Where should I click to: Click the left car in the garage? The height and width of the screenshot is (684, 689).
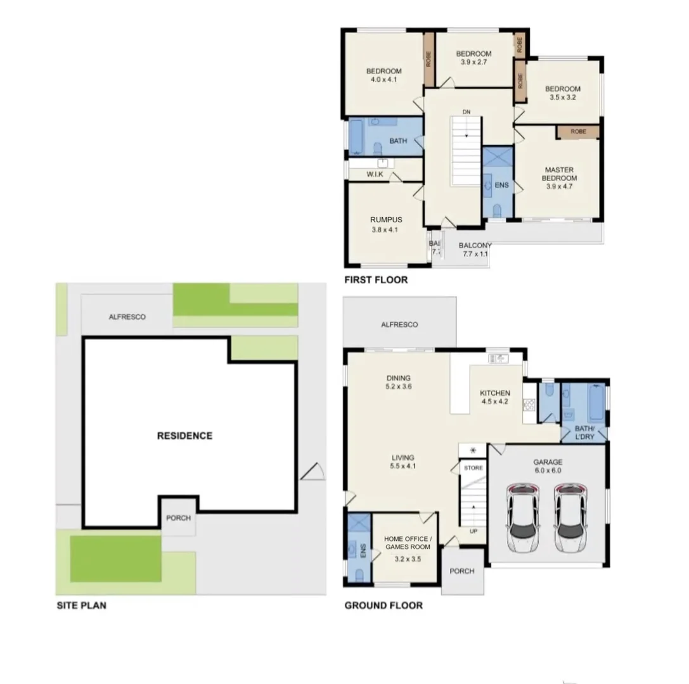click(x=524, y=518)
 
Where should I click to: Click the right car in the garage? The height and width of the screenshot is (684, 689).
click(x=570, y=518)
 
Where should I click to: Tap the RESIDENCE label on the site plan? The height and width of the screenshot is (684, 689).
click(x=184, y=436)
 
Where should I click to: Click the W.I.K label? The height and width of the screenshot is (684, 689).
click(x=375, y=174)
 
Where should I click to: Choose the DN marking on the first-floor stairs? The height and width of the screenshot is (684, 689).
click(x=467, y=112)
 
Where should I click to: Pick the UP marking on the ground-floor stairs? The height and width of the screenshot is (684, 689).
click(x=473, y=531)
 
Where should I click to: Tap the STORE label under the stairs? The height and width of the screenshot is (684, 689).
click(x=473, y=468)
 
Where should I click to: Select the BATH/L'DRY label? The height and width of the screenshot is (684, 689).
click(x=584, y=432)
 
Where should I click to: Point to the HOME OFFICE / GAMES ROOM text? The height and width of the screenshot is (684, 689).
click(x=407, y=543)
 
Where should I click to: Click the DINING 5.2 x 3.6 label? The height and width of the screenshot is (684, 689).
click(x=398, y=382)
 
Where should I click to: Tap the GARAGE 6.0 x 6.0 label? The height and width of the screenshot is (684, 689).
click(x=548, y=466)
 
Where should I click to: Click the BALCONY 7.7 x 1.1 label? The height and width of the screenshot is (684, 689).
click(x=475, y=250)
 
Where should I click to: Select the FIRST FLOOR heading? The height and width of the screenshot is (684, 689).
click(x=376, y=279)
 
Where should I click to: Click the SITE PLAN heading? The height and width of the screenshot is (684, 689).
click(x=81, y=605)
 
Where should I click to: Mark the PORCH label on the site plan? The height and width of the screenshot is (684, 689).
click(x=178, y=518)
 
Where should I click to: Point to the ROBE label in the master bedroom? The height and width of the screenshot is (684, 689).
click(x=578, y=132)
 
